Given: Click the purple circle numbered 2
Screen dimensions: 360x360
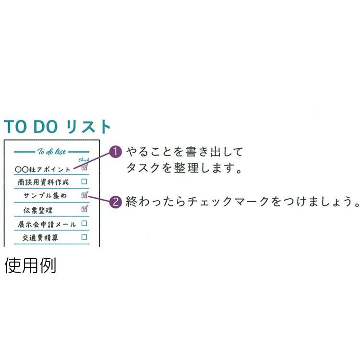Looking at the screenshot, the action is coord(116,202).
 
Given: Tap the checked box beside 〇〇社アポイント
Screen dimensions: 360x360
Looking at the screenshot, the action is coord(84,168).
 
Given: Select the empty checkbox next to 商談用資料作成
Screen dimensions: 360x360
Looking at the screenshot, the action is coord(84,182).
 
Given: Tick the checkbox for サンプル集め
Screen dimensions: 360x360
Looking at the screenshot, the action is coord(84,195).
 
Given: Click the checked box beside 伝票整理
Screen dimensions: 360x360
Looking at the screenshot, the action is coord(84,209).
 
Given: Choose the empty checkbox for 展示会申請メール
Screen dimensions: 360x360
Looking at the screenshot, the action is coord(84,223).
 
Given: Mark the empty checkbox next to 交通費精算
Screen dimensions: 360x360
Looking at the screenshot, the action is coord(84,237).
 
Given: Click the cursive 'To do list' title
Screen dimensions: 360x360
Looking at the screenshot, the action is coord(51,152).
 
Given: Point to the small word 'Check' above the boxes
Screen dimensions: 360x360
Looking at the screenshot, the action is coord(84,161).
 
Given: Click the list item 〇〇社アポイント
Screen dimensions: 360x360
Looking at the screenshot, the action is coord(43,169).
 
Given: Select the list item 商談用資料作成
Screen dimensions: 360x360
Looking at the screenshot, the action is coord(43,182).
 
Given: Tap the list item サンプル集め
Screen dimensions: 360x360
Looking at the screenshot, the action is coord(46,196).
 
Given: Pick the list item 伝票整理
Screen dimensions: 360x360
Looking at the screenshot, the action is coord(38,210).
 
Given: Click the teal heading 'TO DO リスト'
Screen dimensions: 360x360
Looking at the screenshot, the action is coord(58,127).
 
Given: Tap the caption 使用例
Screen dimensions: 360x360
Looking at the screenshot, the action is coord(30,265).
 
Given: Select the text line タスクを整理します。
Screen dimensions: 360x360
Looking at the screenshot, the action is coord(182,168).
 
